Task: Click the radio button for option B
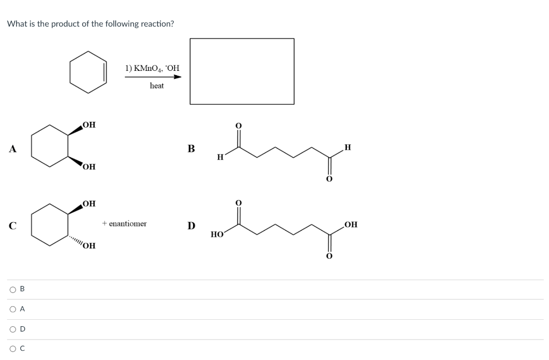coord(12,290)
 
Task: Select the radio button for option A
coord(12,310)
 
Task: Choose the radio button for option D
coord(12,329)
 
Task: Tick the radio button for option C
coord(12,349)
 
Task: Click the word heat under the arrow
coord(157,86)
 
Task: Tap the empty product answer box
coord(242,71)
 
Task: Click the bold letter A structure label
coord(11,149)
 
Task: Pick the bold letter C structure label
coord(11,225)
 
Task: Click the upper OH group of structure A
coord(90,125)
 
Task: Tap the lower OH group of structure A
coord(90,167)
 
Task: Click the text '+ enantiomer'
coord(124,224)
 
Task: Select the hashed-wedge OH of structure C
coord(90,246)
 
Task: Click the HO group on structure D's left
coord(217,234)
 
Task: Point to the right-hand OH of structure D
coord(351,224)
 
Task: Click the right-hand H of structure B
coord(348,147)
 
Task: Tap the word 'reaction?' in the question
coord(157,24)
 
